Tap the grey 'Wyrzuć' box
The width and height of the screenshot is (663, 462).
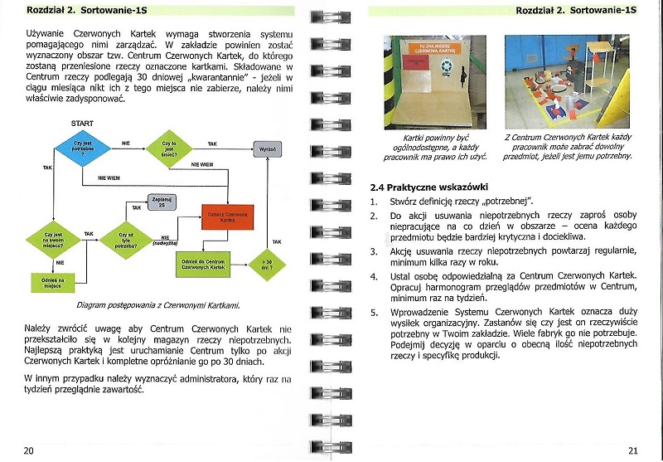point(267,149)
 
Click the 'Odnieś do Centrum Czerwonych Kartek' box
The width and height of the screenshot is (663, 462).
point(202,264)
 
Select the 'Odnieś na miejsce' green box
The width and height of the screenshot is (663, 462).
point(54,282)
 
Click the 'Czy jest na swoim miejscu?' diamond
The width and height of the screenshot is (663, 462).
point(54,241)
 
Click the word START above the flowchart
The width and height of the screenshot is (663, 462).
point(82,124)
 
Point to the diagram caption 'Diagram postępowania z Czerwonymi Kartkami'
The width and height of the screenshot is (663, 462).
point(157,305)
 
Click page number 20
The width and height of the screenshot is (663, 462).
point(28,450)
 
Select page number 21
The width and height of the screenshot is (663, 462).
point(633,450)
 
